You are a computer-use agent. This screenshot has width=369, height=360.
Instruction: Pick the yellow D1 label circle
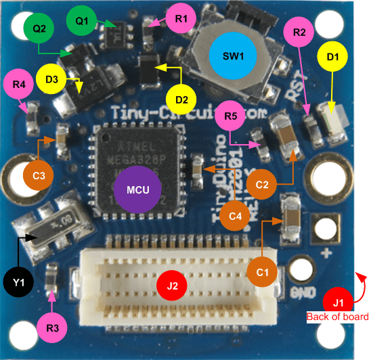coord(332,58)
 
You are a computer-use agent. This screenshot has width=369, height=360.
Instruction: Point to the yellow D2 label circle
coord(181,100)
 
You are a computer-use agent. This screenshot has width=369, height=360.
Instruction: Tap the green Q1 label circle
coord(82,22)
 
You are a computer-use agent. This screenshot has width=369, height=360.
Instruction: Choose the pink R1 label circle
coord(180,19)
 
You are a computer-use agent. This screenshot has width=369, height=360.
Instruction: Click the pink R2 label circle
coord(300,32)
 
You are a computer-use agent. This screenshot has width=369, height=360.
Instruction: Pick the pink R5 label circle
coord(230,116)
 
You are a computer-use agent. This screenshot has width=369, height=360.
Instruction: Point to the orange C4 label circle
coord(234,217)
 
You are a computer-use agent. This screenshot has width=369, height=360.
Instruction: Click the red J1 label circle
coord(339,300)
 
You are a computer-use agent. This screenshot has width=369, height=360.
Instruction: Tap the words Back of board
coord(337,317)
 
